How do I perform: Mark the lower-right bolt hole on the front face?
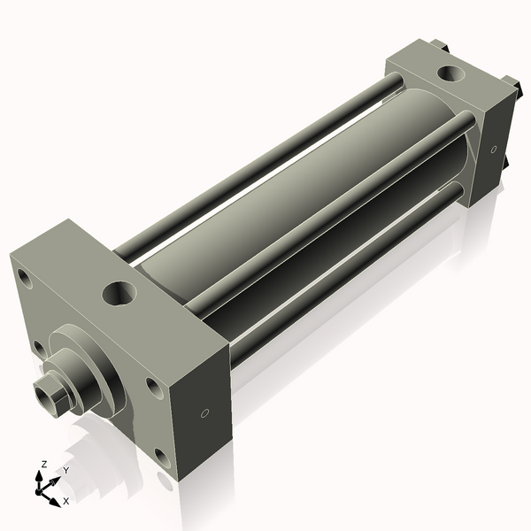pos(161,457)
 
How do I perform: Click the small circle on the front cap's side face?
pos(205,412)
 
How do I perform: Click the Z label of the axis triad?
pos(44,464)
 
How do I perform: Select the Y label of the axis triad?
pos(65,471)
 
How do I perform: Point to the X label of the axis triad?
pos(65,501)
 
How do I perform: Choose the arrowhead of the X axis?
pos(57,496)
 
